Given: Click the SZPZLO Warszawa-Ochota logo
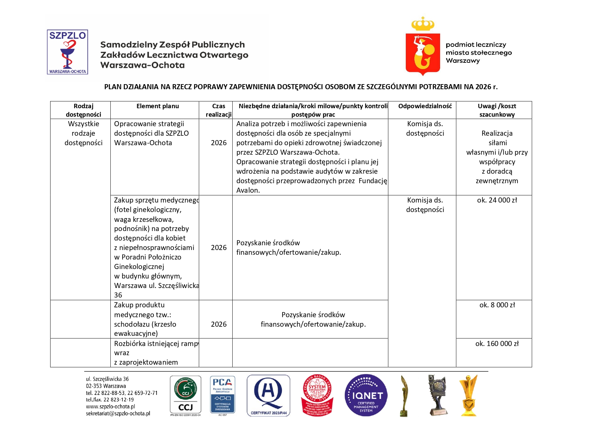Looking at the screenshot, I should coord(67,52).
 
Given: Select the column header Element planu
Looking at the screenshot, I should coord(158,106).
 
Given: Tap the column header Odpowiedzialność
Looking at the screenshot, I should coord(425,106).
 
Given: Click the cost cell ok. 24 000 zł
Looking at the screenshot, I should coord(497,200).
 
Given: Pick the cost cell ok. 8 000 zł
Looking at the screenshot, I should coord(497,305).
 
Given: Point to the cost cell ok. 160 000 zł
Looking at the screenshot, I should coord(497,344).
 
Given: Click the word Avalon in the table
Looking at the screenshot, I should coord(248,190).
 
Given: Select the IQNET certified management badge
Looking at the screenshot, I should coord(366,396).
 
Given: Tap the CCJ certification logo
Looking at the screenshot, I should coord(185,396).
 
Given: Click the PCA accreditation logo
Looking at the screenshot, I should coord(222,396).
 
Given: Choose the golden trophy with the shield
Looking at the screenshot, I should coord(468,396).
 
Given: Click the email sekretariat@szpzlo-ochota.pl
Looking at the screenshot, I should coord(118,414).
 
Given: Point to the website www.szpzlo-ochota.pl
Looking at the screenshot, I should coord(110,406).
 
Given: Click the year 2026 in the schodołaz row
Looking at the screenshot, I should coord(219,324).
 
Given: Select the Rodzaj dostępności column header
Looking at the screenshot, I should coord(84,110).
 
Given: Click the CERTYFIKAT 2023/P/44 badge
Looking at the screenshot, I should coord(268,396).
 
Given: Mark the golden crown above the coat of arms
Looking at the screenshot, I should coord(423,24).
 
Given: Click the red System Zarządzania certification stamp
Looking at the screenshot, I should coord(317,396).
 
